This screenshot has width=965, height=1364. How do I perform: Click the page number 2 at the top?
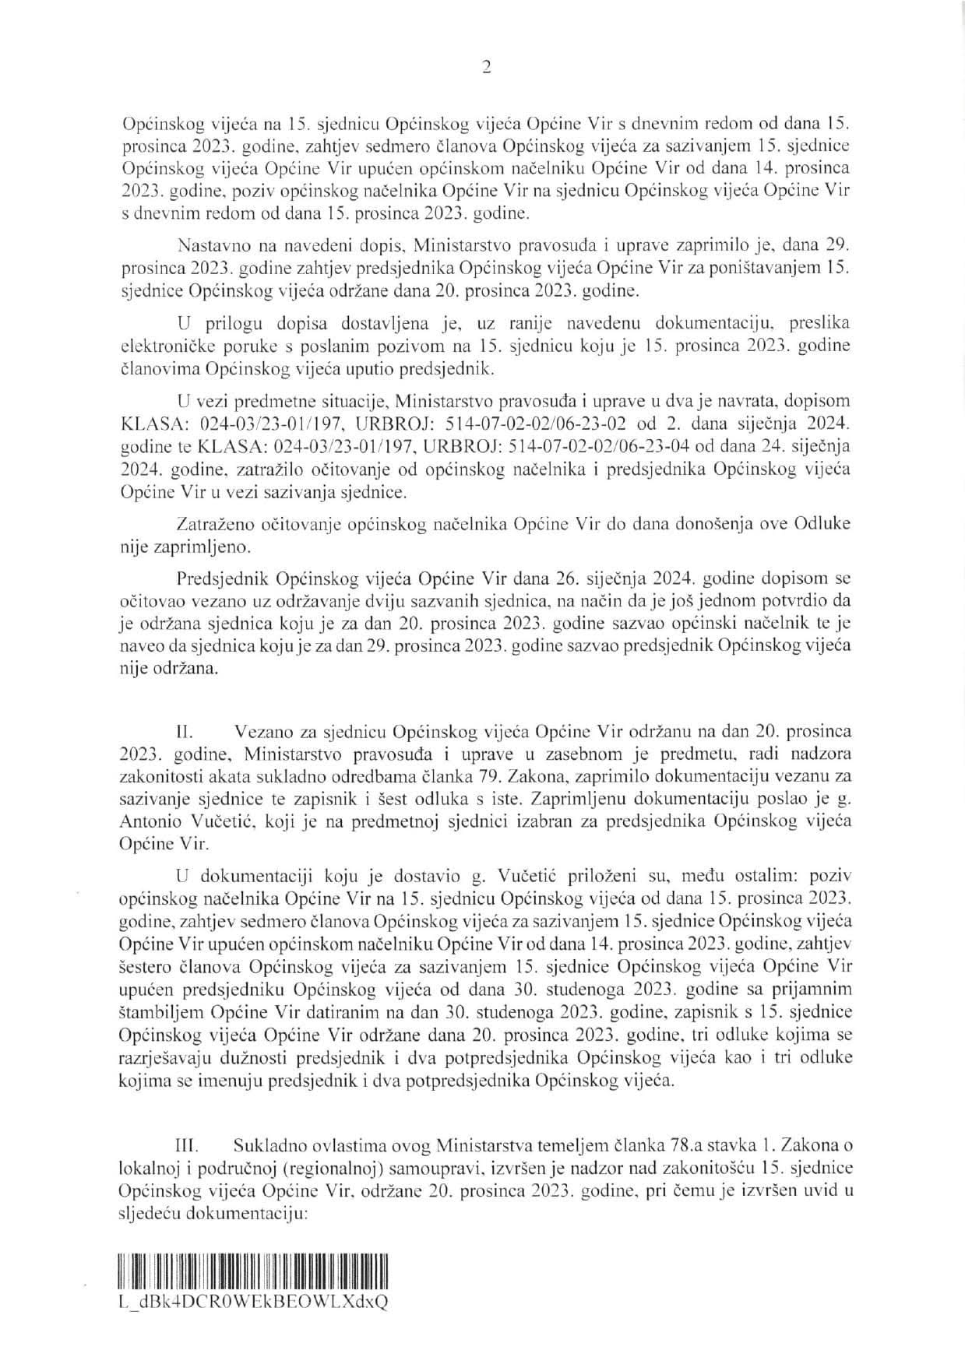(486, 68)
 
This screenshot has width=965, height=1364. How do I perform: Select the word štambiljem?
(158, 1011)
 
